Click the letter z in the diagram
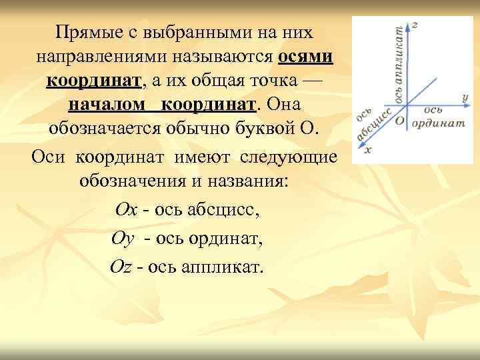tap(415, 25)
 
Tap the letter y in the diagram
tap(464, 97)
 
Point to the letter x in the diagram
tap(369, 150)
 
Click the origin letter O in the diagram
tap(399, 121)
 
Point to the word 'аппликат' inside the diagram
tap(399, 63)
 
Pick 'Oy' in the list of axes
tap(124, 238)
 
